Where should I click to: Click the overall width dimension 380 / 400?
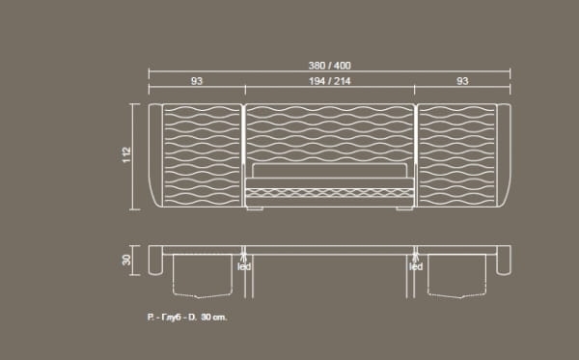[329, 66]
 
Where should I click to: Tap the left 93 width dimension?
[197, 81]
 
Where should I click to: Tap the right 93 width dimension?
[462, 81]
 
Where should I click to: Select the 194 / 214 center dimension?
[330, 81]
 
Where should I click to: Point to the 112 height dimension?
[126, 154]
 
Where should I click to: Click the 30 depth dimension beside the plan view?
[126, 260]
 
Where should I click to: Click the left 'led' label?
[244, 266]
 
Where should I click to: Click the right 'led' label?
[416, 266]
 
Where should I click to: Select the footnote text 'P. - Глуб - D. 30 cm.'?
[187, 318]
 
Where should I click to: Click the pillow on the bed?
[330, 170]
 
